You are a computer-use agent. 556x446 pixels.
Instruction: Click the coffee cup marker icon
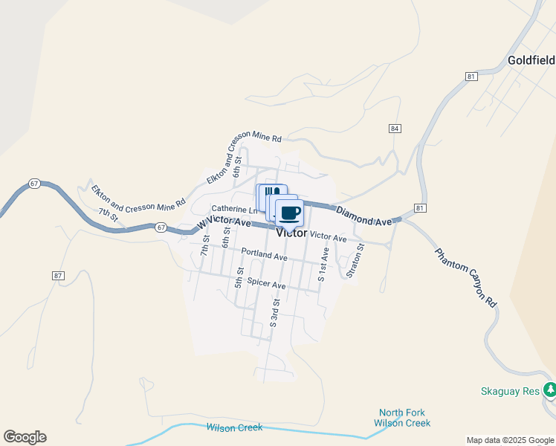pyautogui.click(x=290, y=213)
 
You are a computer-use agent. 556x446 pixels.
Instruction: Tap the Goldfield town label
pyautogui.click(x=531, y=59)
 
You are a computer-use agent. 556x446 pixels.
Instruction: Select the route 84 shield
pyautogui.click(x=395, y=129)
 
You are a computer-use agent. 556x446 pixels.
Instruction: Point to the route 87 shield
pyautogui.click(x=58, y=275)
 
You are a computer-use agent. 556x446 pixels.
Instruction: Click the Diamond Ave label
pyautogui.click(x=363, y=216)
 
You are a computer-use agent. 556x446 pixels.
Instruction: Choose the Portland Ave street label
pyautogui.click(x=264, y=256)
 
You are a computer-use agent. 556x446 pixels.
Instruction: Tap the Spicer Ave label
pyautogui.click(x=266, y=284)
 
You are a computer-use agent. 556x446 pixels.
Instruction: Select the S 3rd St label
pyautogui.click(x=274, y=313)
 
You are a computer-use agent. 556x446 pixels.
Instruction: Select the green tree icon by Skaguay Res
pyautogui.click(x=549, y=389)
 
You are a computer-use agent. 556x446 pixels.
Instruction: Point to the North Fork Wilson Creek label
pyautogui.click(x=404, y=418)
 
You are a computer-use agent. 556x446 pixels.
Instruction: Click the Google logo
pyautogui.click(x=25, y=437)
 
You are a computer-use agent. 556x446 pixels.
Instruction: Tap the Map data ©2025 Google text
pyautogui.click(x=509, y=440)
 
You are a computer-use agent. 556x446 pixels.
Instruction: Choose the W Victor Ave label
pyautogui.click(x=224, y=222)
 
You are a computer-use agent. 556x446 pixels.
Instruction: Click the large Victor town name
pyautogui.click(x=291, y=233)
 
